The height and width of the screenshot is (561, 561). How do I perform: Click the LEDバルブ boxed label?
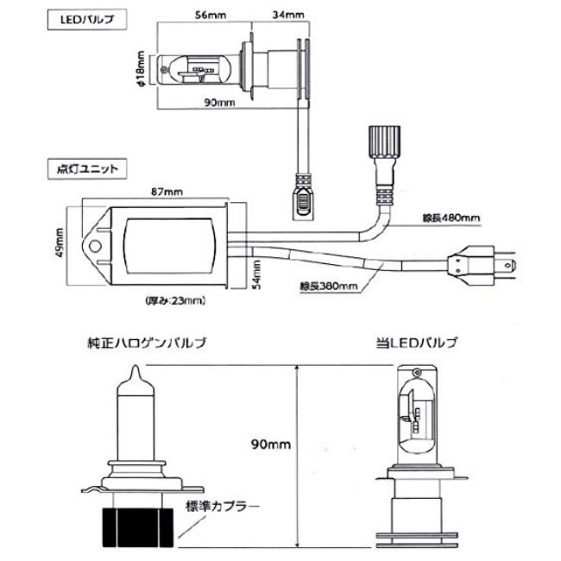(87, 19)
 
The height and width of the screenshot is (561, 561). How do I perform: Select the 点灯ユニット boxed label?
(87, 169)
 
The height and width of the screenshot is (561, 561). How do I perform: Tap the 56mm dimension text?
(211, 15)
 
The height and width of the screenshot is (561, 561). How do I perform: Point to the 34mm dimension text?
(288, 15)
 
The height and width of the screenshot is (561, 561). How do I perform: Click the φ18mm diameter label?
(140, 69)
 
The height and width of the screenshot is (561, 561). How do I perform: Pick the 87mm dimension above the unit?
(167, 192)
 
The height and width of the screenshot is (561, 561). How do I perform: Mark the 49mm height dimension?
(60, 243)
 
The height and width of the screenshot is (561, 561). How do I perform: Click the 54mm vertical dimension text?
(256, 274)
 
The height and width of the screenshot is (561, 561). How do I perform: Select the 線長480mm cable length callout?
(451, 217)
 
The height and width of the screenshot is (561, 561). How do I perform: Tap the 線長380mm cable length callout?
(329, 286)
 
